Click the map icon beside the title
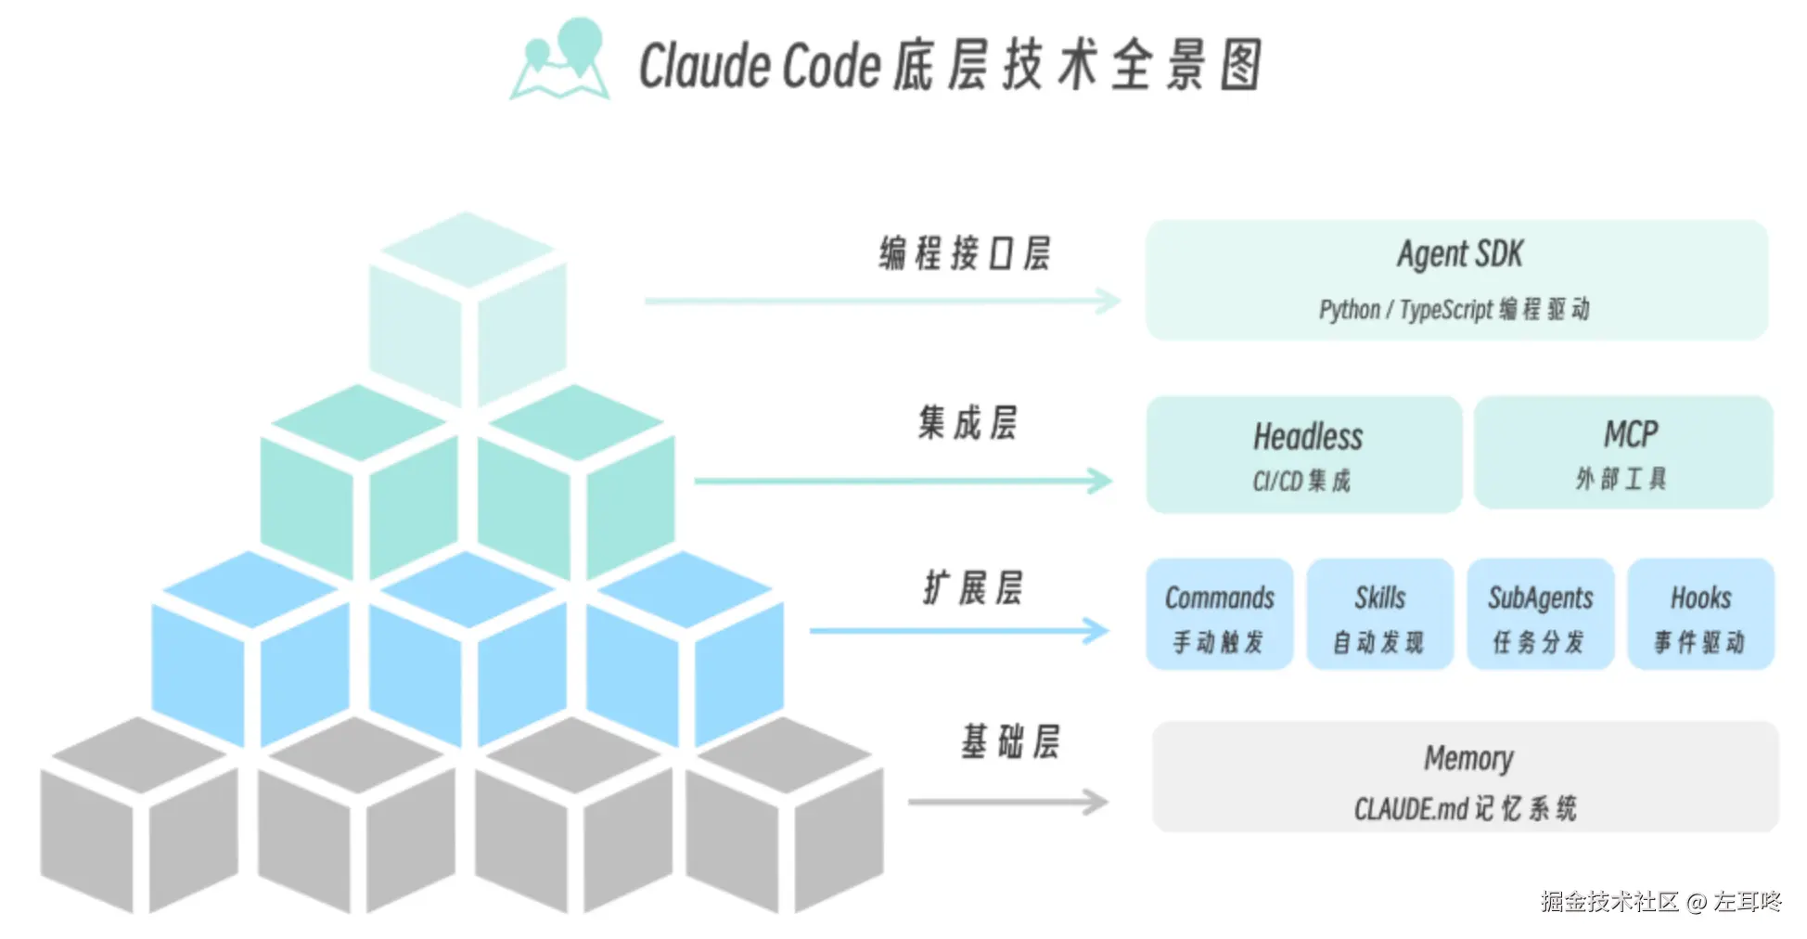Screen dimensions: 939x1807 point(560,61)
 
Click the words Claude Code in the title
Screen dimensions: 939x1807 point(759,66)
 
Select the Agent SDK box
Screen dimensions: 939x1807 point(1456,279)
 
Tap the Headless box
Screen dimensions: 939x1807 point(1304,455)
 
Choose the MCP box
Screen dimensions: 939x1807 point(1623,453)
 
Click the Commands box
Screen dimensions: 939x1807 point(1219,614)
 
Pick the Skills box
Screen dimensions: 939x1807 point(1379,614)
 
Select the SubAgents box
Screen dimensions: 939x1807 point(1540,614)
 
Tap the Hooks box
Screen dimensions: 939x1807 point(1700,614)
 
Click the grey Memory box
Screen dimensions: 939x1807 point(1466,778)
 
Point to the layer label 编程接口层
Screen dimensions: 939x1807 point(965,253)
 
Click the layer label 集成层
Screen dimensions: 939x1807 point(968,423)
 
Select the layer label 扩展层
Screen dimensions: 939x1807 point(972,588)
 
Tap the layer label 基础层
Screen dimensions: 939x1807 point(1009,742)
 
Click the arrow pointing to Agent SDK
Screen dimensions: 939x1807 point(881,301)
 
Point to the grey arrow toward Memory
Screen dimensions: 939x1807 point(1007,802)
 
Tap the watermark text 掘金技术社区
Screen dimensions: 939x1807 point(1609,901)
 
